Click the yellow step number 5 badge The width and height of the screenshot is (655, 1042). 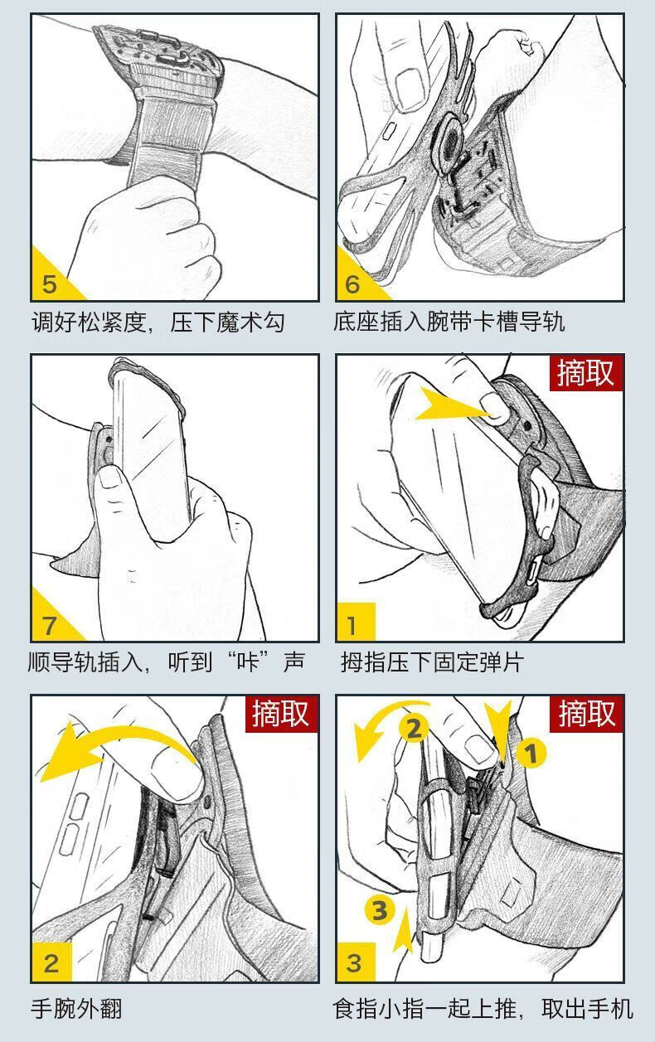[51, 279]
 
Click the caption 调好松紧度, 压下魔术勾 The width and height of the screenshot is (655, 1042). [158, 322]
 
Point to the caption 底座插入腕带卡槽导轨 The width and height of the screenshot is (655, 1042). [449, 322]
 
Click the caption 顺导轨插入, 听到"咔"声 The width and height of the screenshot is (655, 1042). [167, 662]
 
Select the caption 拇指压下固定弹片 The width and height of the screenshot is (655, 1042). [432, 662]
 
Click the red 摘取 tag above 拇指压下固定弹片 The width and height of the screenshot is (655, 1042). [586, 372]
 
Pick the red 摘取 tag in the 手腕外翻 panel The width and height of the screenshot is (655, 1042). [281, 714]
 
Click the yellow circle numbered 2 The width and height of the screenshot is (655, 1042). [414, 729]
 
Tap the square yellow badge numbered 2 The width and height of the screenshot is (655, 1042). [51, 962]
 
